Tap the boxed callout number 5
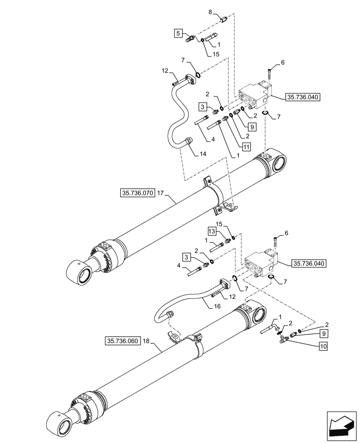tap(178, 33)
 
